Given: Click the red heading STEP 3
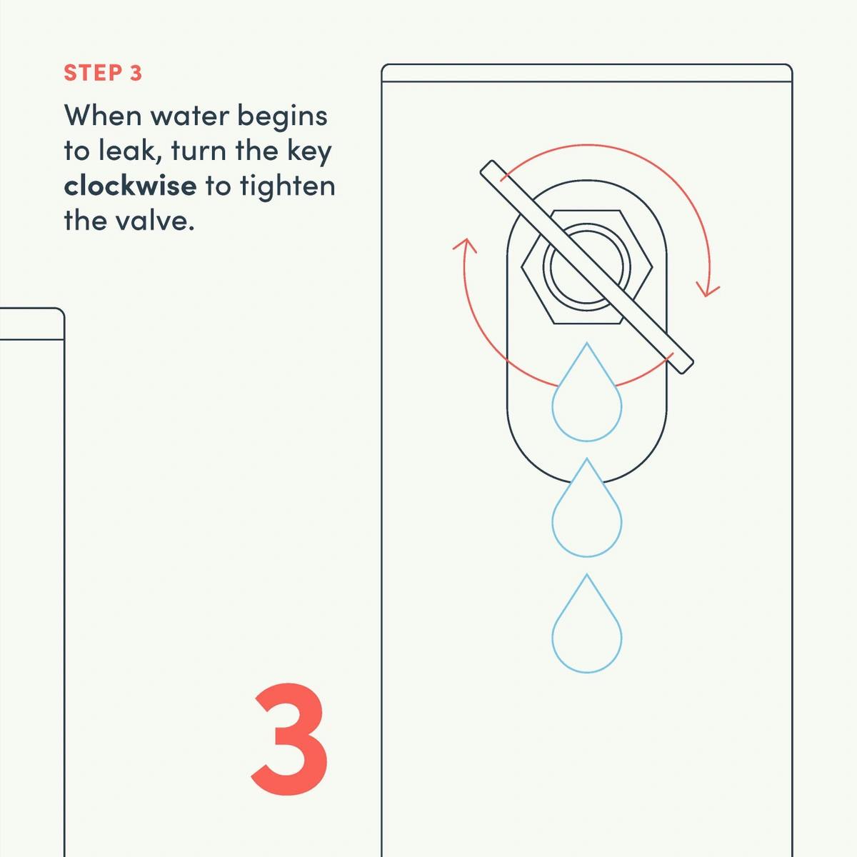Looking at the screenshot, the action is tap(103, 73).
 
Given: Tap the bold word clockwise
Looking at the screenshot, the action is tap(130, 186).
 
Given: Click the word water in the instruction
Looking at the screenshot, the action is tap(189, 116).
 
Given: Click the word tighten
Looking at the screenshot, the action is tap(288, 186).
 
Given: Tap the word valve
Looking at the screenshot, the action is tap(155, 220).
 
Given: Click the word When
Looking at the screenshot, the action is tap(103, 116).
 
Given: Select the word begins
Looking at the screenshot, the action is tap(282, 117).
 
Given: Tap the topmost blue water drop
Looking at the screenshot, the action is tap(586, 392).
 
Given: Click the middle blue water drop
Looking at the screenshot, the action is tap(586, 508).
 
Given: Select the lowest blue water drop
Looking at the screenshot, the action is tap(586, 623).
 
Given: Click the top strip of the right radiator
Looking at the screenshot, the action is tap(586, 73).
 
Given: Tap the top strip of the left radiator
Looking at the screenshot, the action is tap(31, 324).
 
